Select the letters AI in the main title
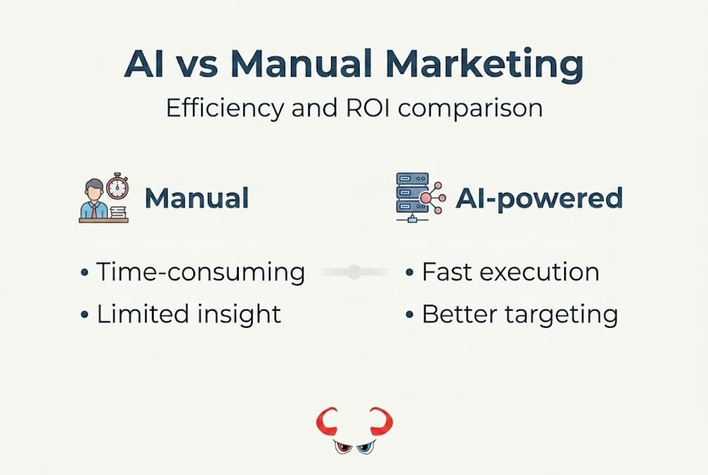(x=145, y=64)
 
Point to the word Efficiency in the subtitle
(x=225, y=108)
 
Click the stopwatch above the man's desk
(x=117, y=186)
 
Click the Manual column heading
(x=197, y=199)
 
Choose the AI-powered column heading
(x=539, y=199)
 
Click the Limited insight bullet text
(x=189, y=314)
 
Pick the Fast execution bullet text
(x=510, y=272)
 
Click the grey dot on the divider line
(x=354, y=272)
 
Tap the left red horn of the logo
(x=327, y=423)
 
